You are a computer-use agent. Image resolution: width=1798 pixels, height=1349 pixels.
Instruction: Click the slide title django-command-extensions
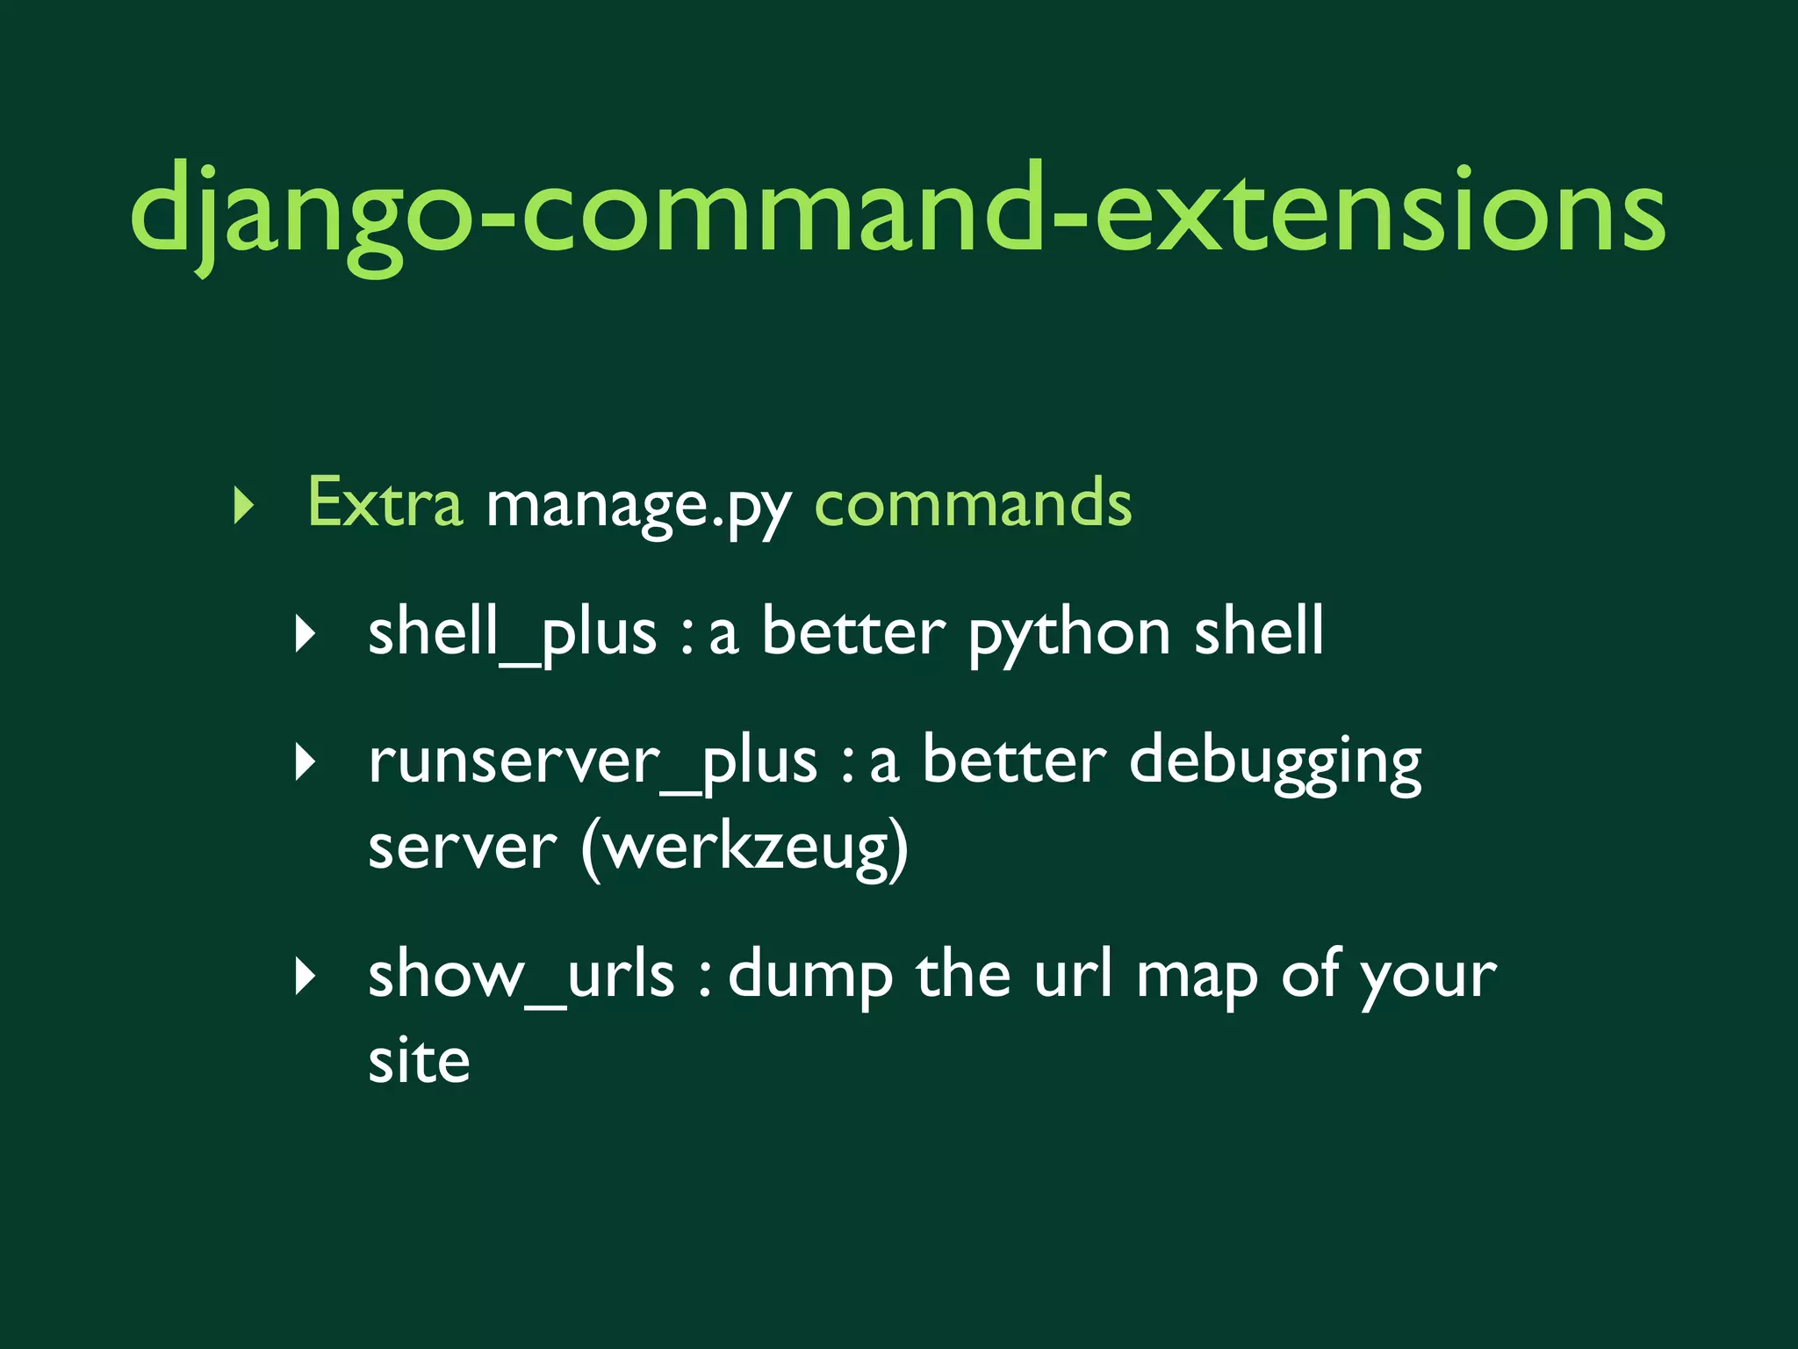click(x=897, y=211)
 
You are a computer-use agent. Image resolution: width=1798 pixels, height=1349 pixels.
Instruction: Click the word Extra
click(x=385, y=504)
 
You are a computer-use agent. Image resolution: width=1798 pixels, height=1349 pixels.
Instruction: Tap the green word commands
click(x=974, y=504)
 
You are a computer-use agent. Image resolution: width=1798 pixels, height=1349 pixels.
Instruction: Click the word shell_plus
click(x=512, y=632)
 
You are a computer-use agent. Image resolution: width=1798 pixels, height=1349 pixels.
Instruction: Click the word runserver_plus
click(x=593, y=761)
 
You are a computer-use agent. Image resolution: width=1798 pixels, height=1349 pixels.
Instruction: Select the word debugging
click(x=1275, y=761)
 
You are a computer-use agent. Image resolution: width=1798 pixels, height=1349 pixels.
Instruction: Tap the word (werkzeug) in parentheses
click(x=744, y=848)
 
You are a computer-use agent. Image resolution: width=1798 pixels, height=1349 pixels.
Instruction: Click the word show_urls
click(x=521, y=975)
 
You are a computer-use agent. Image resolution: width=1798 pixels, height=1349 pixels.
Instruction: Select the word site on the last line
click(x=419, y=1061)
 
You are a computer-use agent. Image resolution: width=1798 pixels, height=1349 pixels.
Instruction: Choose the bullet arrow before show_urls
click(x=305, y=976)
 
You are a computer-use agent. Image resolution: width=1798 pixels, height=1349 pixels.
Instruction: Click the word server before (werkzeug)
click(x=462, y=848)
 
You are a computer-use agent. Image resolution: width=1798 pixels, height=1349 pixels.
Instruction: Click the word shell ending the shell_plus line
click(x=1258, y=632)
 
